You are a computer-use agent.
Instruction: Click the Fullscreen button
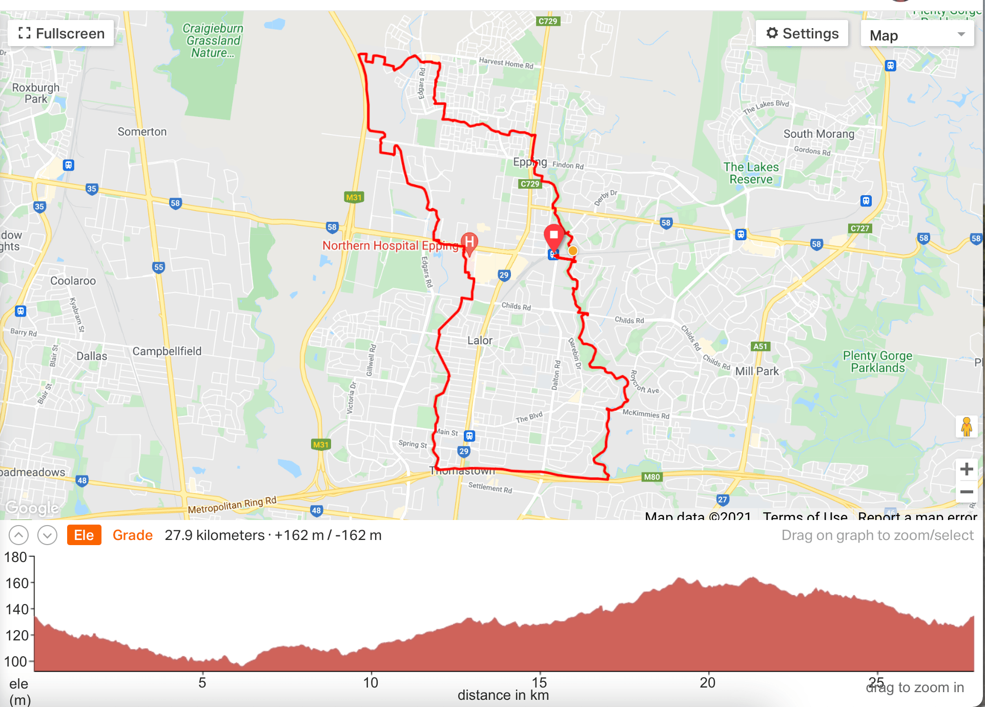coord(61,34)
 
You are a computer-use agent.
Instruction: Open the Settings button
coord(802,34)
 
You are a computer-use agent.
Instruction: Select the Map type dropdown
coord(917,35)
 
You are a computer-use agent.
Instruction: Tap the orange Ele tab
coord(84,535)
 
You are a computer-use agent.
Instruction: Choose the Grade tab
coord(132,535)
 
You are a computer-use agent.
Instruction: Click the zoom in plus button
coord(967,469)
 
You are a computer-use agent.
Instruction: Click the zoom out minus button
coord(967,492)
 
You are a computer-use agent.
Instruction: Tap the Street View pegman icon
coord(967,426)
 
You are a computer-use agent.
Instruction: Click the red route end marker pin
coord(553,237)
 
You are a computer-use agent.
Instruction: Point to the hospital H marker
coord(469,242)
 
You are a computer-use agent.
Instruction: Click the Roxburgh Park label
coord(36,93)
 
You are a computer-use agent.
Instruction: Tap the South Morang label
coord(818,134)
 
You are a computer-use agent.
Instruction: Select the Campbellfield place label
coord(167,351)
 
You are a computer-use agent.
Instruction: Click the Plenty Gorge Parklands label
coord(877,362)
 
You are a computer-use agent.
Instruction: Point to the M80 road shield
coord(652,477)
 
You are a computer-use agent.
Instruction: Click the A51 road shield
coord(760,346)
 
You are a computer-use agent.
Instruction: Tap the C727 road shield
coord(859,228)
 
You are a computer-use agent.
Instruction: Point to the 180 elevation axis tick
coord(16,557)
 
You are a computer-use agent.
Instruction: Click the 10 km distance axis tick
coord(371,682)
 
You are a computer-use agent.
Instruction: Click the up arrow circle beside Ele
coord(18,535)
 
